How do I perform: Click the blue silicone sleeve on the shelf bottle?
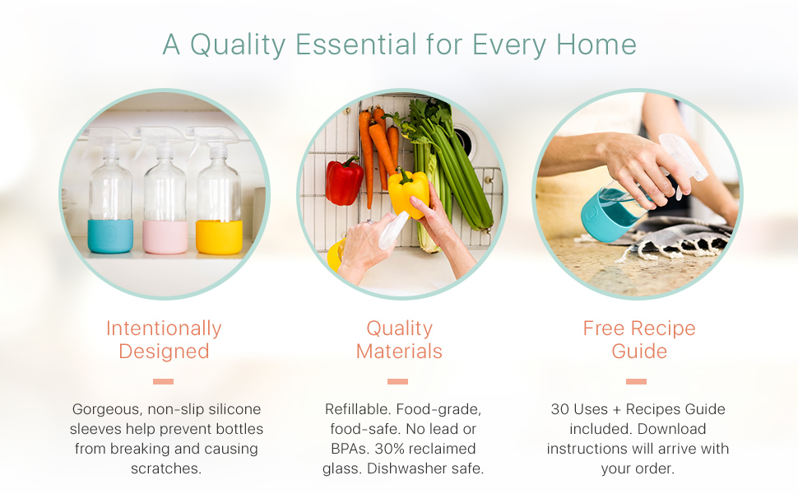coord(110,235)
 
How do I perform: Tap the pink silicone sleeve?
coord(165,237)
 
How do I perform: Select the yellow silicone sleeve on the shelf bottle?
coord(220,237)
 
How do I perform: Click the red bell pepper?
coord(345,181)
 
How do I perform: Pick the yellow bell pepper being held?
coord(409,193)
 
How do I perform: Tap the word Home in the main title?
coord(596,44)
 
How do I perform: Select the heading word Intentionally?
coord(164,329)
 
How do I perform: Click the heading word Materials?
coord(399,352)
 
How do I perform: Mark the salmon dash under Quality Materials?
coord(397,381)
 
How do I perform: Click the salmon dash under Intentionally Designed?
coord(163,381)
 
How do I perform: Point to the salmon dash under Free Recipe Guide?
coord(636,381)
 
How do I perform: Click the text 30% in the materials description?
coord(389,449)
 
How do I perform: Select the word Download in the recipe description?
coord(672,429)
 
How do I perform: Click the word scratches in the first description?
coord(166,468)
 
